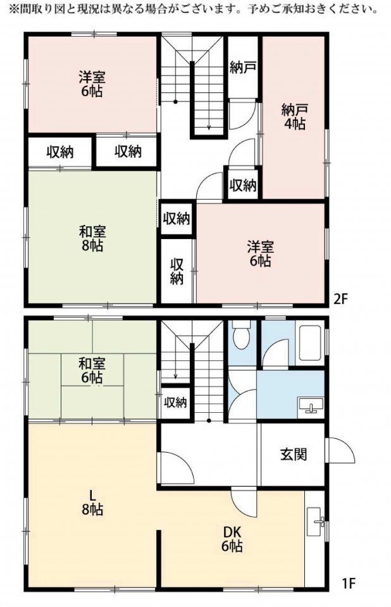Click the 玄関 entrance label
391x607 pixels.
click(294, 454)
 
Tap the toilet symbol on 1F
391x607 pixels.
click(242, 335)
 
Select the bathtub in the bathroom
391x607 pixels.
click(309, 343)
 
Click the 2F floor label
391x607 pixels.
click(340, 299)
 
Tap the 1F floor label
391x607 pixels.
click(349, 582)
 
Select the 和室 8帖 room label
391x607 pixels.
click(92, 239)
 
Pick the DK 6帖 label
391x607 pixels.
click(232, 539)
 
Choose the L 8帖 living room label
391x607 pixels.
click(92, 503)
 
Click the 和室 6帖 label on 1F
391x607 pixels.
click(92, 371)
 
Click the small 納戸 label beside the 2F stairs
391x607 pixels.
click(242, 68)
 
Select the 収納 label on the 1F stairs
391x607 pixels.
click(175, 403)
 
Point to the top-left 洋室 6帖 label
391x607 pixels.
click(92, 84)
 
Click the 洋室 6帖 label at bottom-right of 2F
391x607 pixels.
click(261, 254)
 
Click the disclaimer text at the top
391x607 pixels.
click(194, 8)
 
